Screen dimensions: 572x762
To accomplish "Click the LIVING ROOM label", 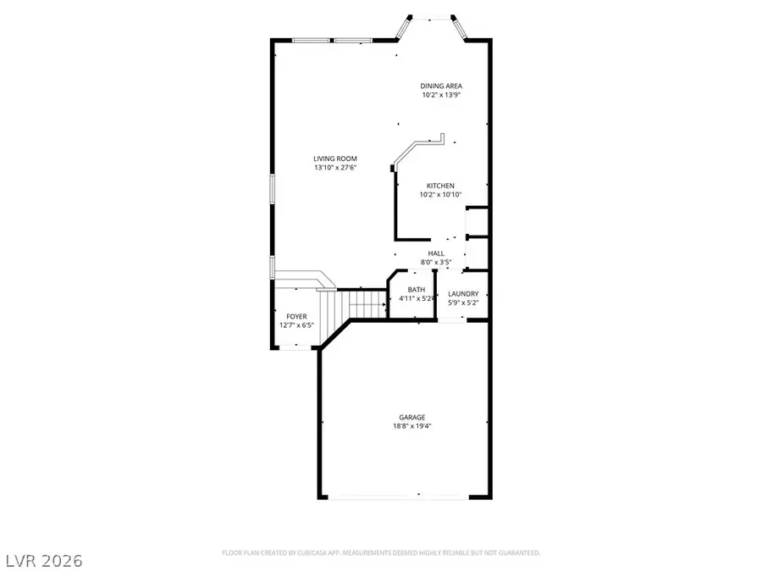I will tap(334, 158).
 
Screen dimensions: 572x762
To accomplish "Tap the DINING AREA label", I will tap(441, 86).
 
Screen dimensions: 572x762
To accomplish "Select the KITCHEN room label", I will tap(440, 186).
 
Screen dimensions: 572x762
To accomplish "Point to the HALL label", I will tap(436, 253).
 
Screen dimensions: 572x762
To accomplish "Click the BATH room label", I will tap(416, 290).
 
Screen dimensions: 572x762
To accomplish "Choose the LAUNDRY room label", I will tap(463, 294).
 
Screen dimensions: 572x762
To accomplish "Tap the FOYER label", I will tap(296, 316).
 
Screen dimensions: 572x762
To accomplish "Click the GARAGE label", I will tap(412, 417).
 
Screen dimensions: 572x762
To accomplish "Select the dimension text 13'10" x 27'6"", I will tap(334, 168).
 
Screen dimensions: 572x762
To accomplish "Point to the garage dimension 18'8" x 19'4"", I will tap(412, 426).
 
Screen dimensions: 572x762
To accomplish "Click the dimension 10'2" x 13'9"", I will tap(441, 95).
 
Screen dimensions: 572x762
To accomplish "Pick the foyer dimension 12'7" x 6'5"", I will tap(296, 325).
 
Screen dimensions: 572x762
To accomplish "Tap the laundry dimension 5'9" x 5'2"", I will tap(463, 303).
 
